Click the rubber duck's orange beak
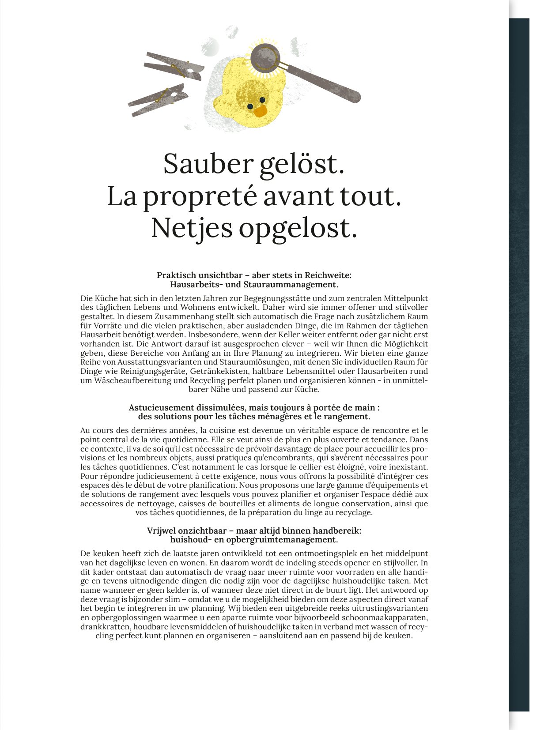(260, 110)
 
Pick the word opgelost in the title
(298, 228)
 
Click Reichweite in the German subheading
(328, 275)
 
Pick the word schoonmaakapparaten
(385, 617)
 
